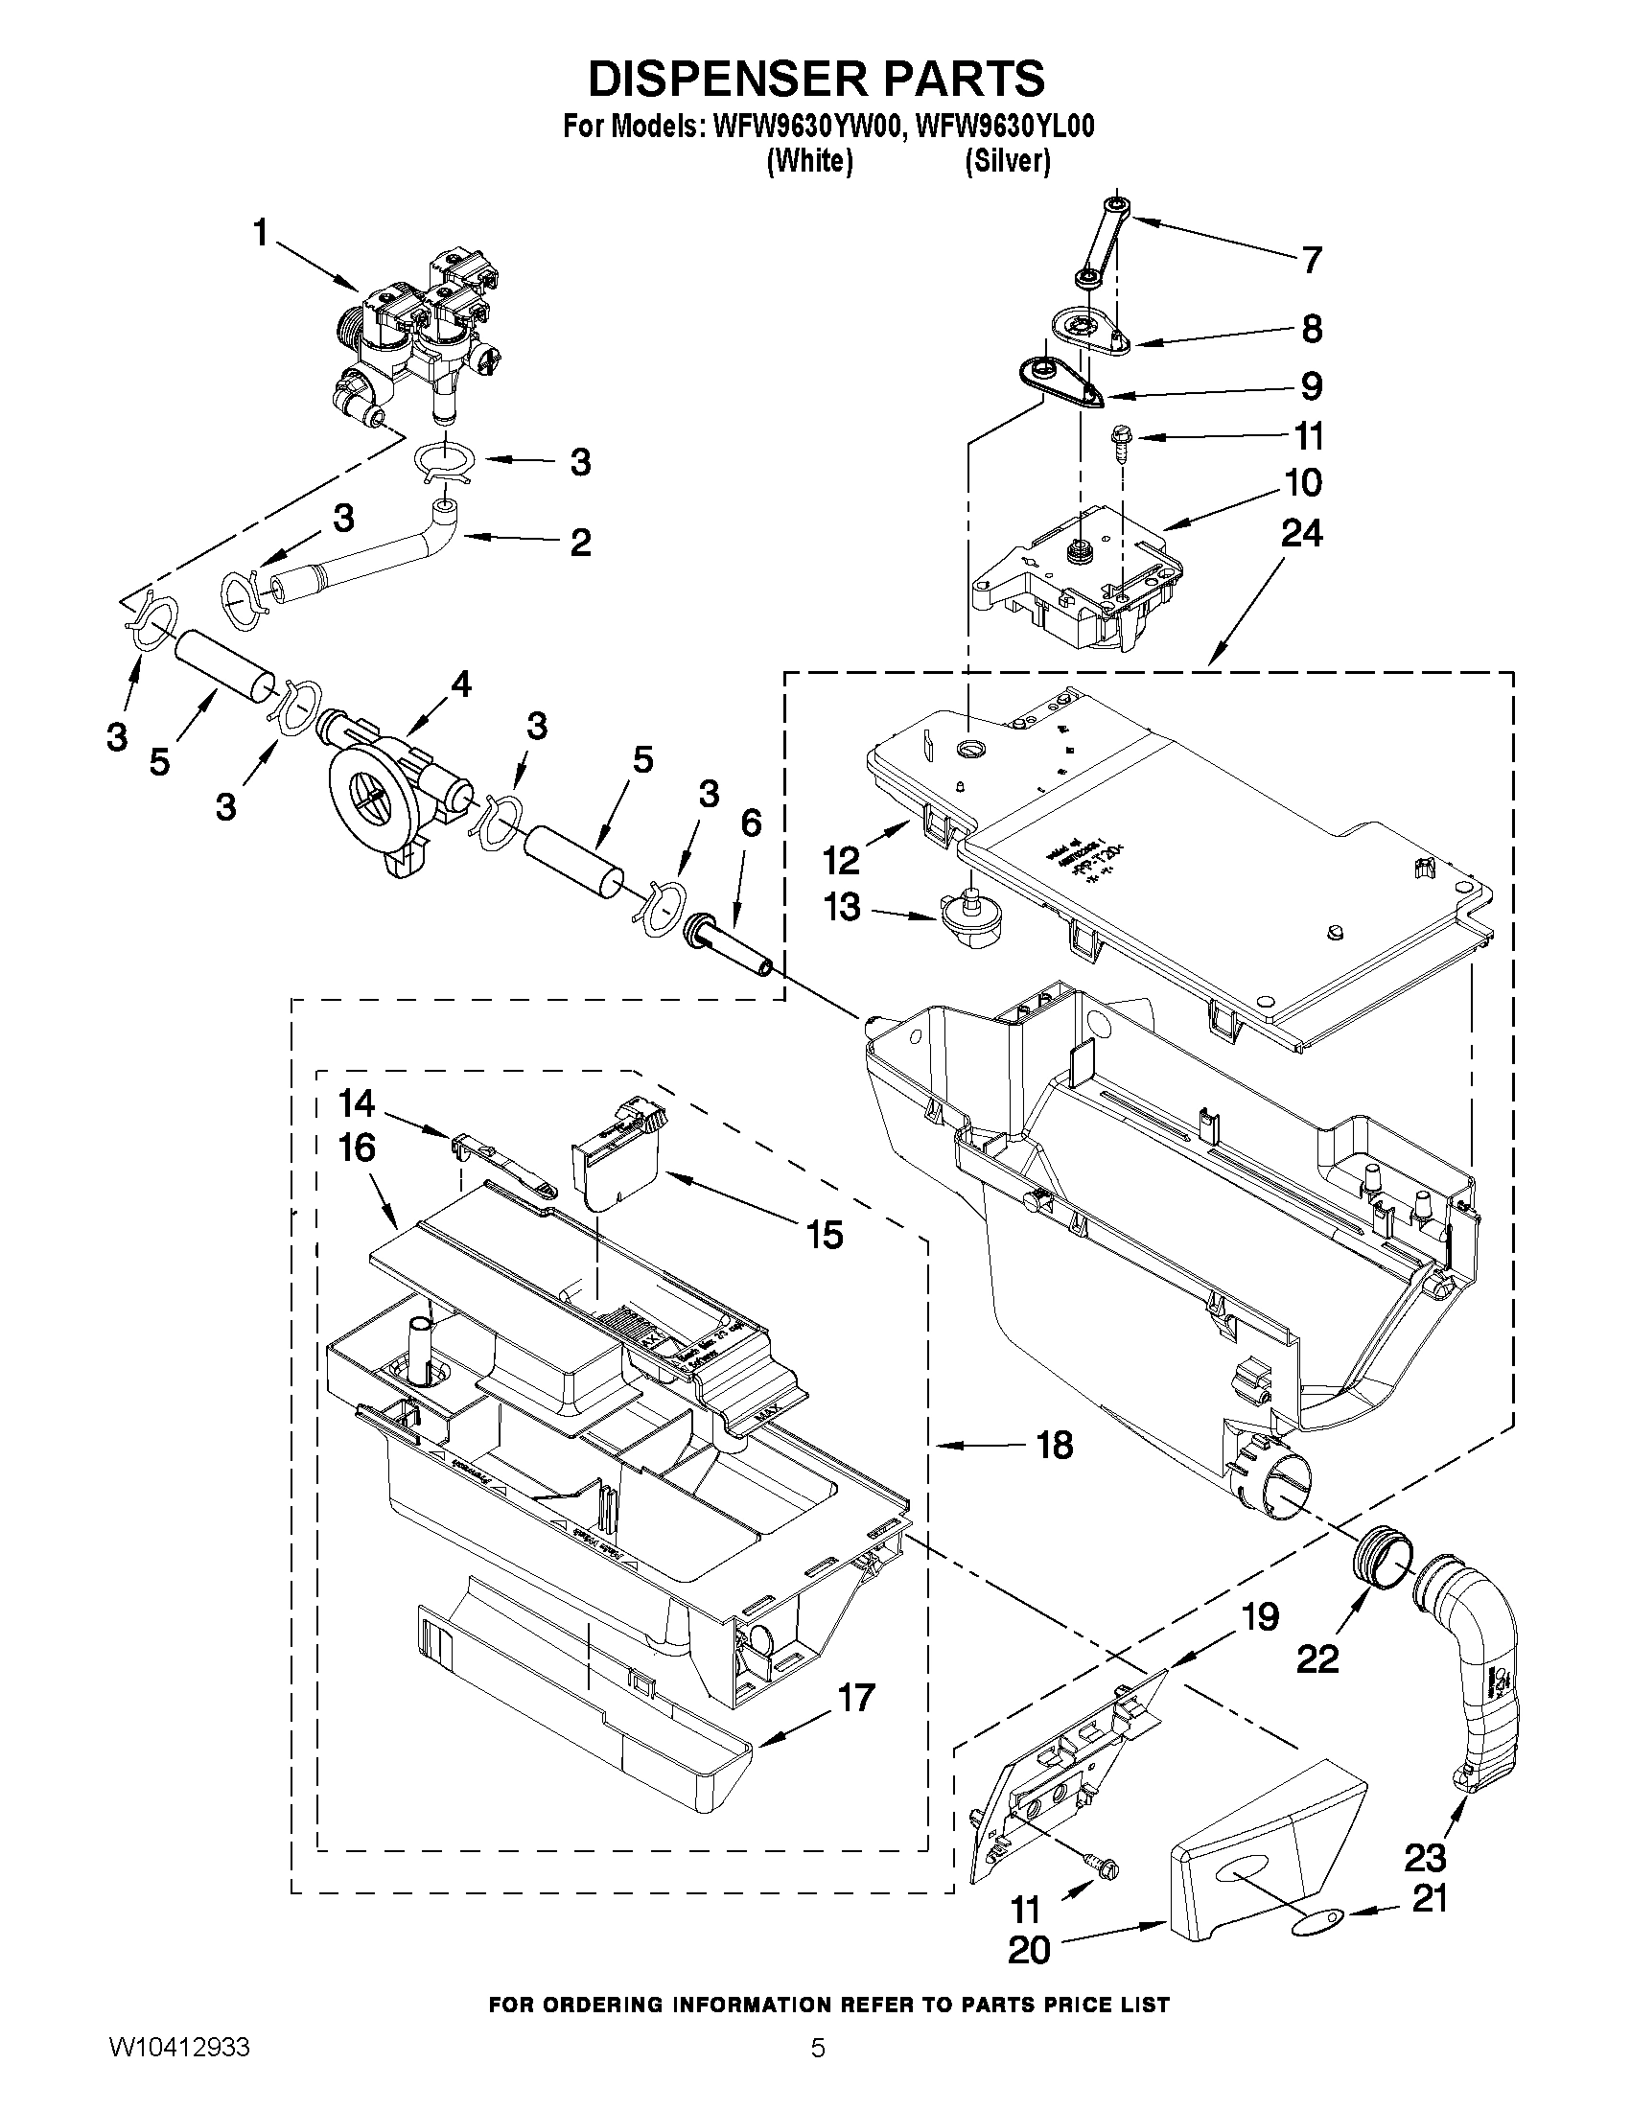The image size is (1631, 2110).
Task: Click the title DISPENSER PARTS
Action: click(x=817, y=80)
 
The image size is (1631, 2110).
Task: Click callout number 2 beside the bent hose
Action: click(x=580, y=542)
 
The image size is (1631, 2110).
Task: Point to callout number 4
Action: click(x=461, y=685)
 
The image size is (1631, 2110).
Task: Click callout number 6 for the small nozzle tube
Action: click(x=751, y=823)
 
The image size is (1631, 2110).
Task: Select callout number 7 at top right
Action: click(x=1310, y=260)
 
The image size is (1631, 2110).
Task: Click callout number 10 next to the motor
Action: click(x=1303, y=482)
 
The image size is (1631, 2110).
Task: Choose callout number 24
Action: click(x=1301, y=533)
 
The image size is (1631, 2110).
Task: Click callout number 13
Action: click(x=842, y=907)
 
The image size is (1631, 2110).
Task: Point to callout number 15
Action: click(x=825, y=1235)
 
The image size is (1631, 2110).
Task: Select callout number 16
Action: click(x=357, y=1148)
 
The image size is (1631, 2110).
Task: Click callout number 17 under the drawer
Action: click(x=854, y=1698)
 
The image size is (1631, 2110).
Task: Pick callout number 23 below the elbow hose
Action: click(x=1424, y=1857)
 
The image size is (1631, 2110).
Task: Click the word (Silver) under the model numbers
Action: click(x=1007, y=162)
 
